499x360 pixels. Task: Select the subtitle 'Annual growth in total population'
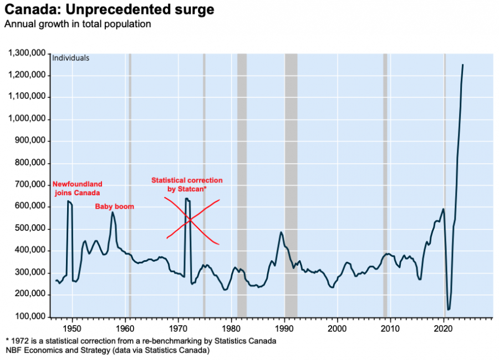[x=78, y=24]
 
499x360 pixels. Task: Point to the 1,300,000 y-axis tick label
[x=27, y=53]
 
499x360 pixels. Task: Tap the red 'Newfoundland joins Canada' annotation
[x=77, y=189]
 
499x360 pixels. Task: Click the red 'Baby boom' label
[x=114, y=207]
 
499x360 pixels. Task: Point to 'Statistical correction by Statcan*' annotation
[x=187, y=185]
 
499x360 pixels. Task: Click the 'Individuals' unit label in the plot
[x=70, y=58]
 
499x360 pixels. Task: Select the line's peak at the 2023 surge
[x=463, y=65]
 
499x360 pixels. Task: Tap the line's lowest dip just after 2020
[x=449, y=309]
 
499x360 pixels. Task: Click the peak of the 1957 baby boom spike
[x=113, y=212]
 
